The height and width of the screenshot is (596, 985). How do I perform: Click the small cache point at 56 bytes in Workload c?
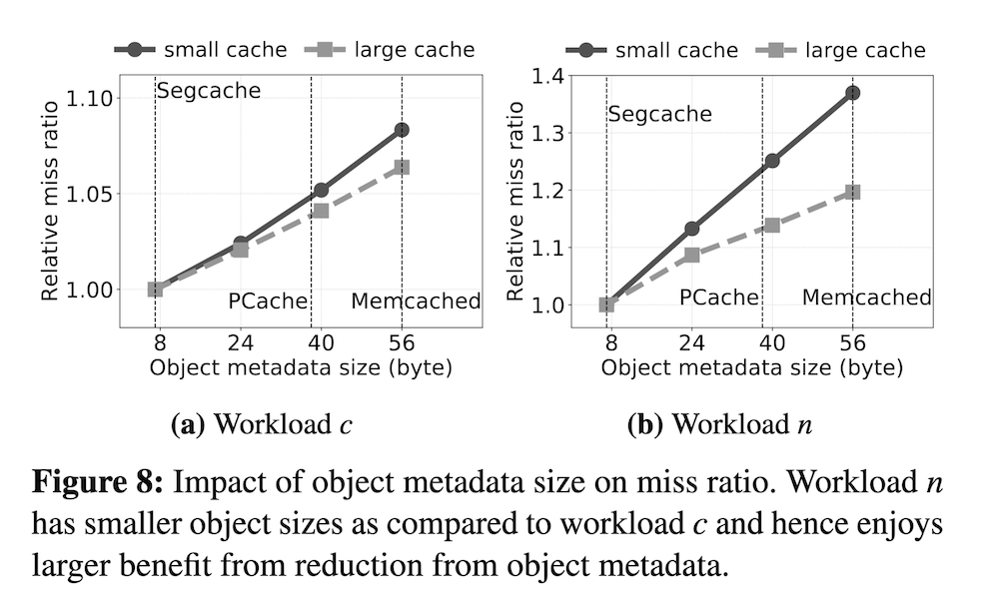tap(402, 130)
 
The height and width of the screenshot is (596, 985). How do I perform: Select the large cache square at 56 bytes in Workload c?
tap(402, 167)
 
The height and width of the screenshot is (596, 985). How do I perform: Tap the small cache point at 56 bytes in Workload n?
tap(852, 93)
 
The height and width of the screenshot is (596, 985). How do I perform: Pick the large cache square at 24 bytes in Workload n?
tap(690, 256)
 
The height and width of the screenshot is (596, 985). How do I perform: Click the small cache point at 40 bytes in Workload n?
tap(771, 161)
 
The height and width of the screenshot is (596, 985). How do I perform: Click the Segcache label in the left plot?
tap(208, 92)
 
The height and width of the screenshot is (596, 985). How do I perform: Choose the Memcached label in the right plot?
tap(866, 298)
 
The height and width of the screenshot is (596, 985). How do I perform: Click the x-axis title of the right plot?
tap(751, 367)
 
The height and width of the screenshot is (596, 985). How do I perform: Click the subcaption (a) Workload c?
tap(262, 424)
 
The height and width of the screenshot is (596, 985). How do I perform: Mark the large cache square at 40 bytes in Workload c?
tap(320, 211)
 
